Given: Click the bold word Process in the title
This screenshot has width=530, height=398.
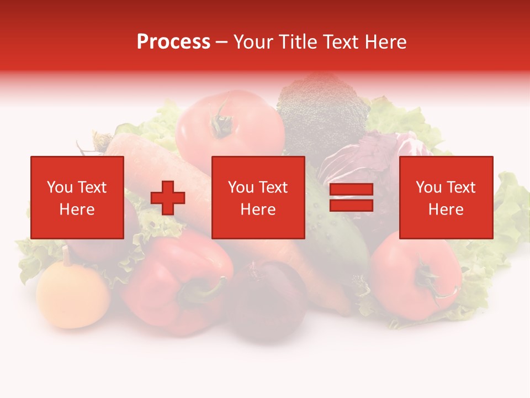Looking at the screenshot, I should coord(173,42).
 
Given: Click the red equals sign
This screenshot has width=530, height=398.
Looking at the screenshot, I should coord(351,197).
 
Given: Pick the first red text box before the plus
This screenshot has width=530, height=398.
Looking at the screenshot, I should coord(77,197).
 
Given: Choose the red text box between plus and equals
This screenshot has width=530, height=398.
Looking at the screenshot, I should coord(258,197).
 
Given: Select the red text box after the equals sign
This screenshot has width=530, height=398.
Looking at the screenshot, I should coord(446,197).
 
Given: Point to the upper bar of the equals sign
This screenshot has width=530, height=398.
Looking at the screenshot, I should coord(351,190).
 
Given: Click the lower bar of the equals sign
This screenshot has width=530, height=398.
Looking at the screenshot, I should coord(351,205).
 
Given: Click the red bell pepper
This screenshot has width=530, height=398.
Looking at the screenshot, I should coord(171,282).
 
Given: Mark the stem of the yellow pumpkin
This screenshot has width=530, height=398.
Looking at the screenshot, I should coord(67,255).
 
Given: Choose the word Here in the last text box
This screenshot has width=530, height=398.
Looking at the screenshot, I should coord(446,210).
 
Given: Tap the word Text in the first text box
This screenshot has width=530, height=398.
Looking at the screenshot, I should coord(91,187).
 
